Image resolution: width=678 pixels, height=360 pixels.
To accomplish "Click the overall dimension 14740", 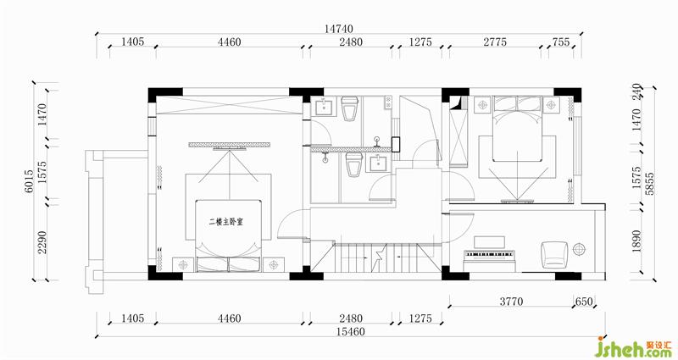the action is (x=338, y=29).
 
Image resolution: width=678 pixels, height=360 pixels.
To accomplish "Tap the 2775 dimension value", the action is (x=495, y=42).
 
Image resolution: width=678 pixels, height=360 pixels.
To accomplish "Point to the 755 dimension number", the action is (x=561, y=42).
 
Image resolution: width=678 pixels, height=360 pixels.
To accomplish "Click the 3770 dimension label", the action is (x=512, y=302).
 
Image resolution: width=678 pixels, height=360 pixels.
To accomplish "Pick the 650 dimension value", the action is (x=584, y=302).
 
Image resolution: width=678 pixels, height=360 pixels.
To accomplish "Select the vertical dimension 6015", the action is (x=29, y=180).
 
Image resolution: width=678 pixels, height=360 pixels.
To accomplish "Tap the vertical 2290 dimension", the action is (x=42, y=242).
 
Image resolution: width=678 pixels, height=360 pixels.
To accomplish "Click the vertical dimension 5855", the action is (x=649, y=184).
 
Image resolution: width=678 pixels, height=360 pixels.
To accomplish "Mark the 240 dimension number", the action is (x=636, y=92).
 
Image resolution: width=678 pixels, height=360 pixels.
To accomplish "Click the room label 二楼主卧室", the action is (x=225, y=222).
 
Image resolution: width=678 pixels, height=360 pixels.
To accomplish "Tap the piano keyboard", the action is (x=490, y=254).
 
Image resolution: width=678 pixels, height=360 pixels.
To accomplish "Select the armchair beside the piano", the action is (x=555, y=254).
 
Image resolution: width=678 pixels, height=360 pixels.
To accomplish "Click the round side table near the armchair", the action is (x=580, y=249).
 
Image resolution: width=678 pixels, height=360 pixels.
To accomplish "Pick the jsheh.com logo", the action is (x=634, y=347).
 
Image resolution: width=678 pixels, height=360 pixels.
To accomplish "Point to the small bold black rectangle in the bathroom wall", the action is (x=396, y=144).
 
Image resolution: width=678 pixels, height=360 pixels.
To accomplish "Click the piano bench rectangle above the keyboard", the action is (x=489, y=242).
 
